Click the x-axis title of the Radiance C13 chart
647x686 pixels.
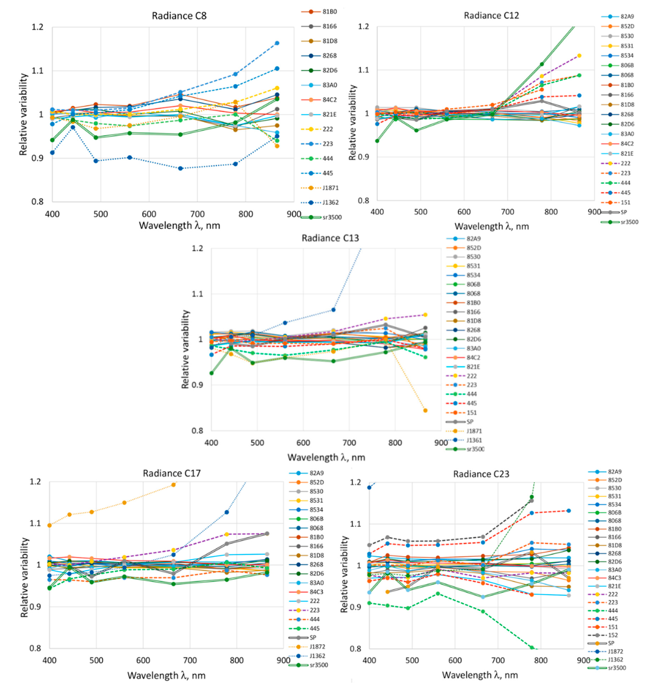tap(326, 458)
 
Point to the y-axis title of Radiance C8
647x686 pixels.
tap(23, 114)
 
